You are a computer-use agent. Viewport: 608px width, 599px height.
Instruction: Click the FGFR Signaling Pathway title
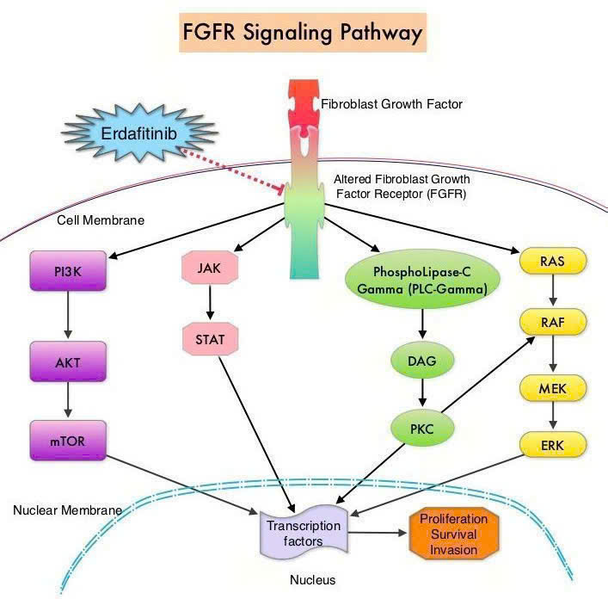(304, 34)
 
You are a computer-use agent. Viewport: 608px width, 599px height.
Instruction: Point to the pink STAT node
(210, 339)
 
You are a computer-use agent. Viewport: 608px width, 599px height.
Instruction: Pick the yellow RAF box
(552, 323)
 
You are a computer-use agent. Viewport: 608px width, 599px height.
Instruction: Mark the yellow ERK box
(552, 444)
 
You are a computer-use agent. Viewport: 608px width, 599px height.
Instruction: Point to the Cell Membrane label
(101, 220)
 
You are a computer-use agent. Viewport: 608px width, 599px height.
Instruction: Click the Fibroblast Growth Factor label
(391, 104)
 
